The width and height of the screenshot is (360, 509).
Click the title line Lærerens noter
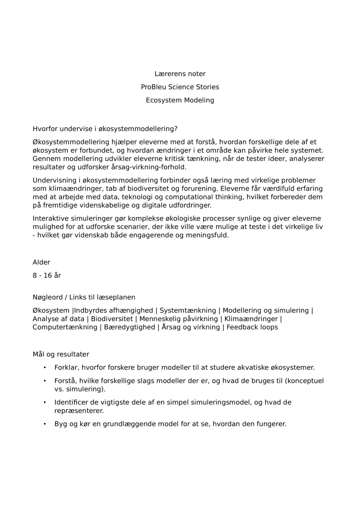180,74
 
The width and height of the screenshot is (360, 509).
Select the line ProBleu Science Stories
180,87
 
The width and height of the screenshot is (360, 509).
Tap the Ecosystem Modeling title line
180,100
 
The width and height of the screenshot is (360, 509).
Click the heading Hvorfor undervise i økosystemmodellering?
105,129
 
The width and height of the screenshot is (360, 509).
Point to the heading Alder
41,262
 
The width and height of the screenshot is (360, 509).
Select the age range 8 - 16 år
47,276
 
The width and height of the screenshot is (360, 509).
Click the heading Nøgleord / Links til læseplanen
84,297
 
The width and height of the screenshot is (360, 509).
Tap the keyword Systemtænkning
188,310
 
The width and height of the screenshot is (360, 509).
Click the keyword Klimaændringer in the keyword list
251,319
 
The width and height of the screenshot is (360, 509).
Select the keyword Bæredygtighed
129,327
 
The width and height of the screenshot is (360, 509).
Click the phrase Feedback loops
252,327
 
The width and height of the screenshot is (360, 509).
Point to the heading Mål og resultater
61,354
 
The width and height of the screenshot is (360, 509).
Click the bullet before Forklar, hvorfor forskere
45,368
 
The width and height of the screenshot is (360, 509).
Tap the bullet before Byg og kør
45,424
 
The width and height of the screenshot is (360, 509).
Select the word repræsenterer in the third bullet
79,411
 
